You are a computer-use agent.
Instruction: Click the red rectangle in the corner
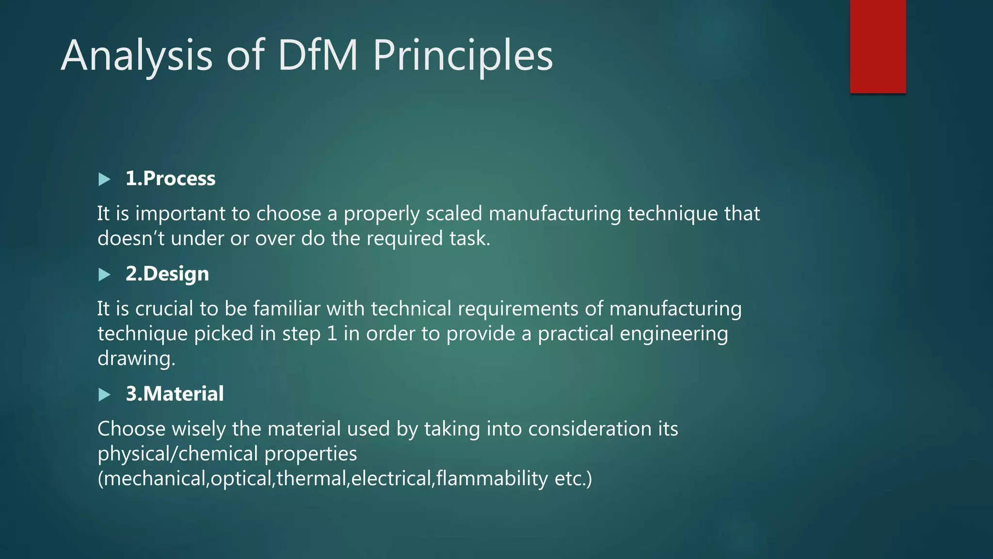point(878,46)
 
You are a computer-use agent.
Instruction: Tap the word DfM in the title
point(318,55)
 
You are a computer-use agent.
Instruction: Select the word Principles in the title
point(463,55)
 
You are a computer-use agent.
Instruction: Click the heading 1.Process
point(170,179)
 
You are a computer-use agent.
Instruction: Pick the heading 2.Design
point(167,274)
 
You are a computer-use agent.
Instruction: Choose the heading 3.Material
point(175,394)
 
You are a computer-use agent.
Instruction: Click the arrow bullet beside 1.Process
point(104,180)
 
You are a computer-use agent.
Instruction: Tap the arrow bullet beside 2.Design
point(104,275)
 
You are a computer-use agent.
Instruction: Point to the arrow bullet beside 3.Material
point(104,395)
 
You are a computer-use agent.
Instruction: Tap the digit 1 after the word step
point(332,334)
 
